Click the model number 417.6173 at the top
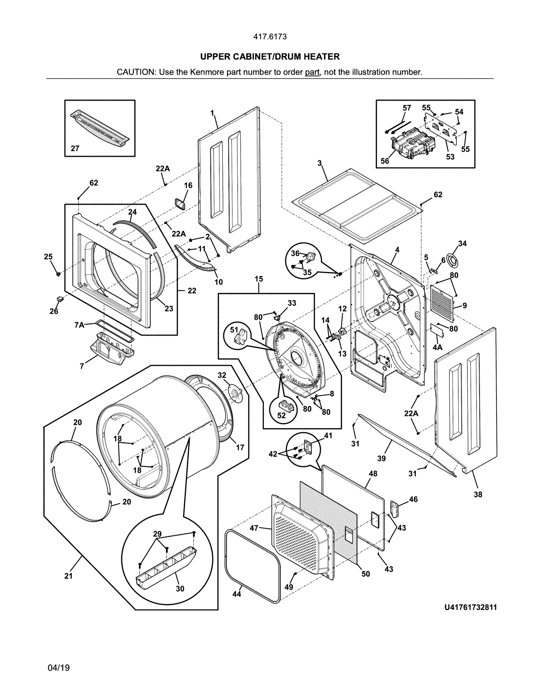(270, 36)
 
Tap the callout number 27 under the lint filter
(75, 148)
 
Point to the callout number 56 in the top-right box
(385, 161)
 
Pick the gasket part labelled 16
(180, 204)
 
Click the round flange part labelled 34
(451, 259)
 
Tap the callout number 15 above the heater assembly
(259, 279)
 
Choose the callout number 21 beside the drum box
(69, 576)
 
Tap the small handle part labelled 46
(395, 508)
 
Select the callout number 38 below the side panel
(478, 494)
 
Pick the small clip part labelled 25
(58, 274)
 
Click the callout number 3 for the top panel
(320, 163)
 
